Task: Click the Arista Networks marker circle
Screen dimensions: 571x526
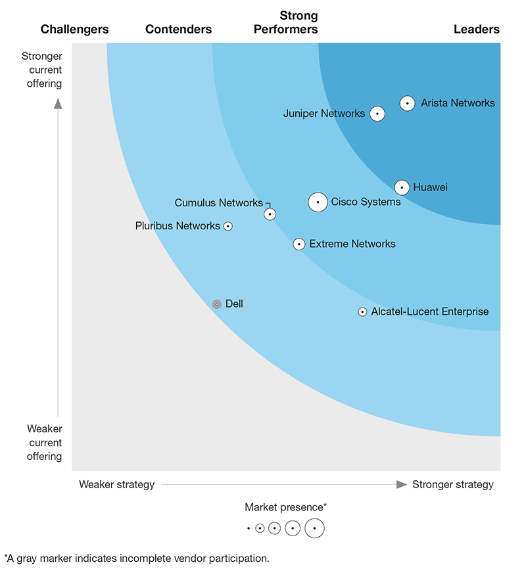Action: (408, 103)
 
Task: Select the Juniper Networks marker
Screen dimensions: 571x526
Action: (377, 114)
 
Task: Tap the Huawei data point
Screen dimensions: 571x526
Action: (402, 187)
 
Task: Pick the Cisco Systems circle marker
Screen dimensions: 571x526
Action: (318, 202)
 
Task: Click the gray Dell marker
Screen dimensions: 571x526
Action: (216, 304)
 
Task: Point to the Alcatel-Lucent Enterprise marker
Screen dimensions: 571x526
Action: (362, 312)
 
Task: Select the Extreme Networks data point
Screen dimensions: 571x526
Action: (299, 244)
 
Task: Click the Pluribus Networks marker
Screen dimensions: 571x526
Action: (228, 226)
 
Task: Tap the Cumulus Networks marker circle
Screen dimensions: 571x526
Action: (270, 214)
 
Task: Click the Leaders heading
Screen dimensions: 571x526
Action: (476, 29)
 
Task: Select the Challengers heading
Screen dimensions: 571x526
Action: (74, 29)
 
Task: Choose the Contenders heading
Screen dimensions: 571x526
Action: (178, 29)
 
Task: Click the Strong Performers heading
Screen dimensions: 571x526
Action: (299, 22)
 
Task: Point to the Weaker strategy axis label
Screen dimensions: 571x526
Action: (117, 484)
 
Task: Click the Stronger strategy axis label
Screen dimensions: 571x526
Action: (452, 484)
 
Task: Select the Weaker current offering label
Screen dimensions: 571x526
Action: (45, 442)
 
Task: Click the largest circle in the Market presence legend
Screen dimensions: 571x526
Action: (314, 528)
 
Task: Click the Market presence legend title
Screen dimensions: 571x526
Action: (286, 507)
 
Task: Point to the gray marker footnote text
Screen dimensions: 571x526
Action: (137, 559)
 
